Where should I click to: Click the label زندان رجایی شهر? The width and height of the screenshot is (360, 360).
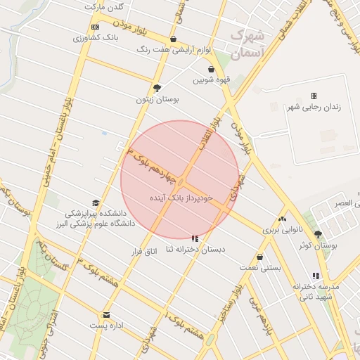click(x=314, y=107)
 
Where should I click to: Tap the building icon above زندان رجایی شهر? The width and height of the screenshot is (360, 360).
click(x=314, y=96)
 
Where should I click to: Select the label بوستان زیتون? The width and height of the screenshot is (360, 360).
click(x=157, y=100)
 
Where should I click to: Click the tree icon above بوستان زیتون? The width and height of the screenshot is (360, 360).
click(x=157, y=89)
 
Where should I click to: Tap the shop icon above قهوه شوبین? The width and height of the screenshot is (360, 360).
click(x=212, y=69)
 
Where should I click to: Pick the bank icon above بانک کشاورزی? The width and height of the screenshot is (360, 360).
click(x=96, y=27)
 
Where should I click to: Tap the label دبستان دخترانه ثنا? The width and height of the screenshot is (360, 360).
click(x=195, y=250)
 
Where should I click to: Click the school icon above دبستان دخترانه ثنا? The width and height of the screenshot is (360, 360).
click(x=195, y=239)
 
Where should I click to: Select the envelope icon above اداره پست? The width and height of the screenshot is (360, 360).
click(x=106, y=315)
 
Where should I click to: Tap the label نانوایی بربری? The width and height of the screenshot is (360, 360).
click(x=282, y=229)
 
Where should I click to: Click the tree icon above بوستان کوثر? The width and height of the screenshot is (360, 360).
click(x=318, y=235)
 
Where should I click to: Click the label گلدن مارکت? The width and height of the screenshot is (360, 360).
click(x=104, y=6)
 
